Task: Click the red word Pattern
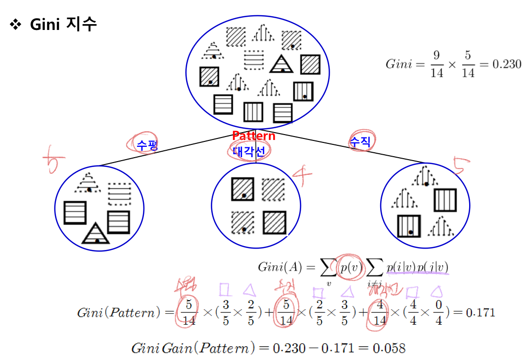(253, 136)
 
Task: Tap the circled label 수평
(142, 144)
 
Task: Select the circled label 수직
(361, 142)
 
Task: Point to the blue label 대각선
(249, 151)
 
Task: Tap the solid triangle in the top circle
(281, 64)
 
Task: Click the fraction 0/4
(438, 313)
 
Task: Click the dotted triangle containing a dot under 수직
(425, 176)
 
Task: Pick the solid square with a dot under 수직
(408, 226)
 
